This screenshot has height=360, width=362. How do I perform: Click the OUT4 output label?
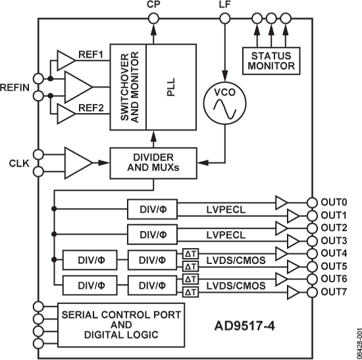coord(334,253)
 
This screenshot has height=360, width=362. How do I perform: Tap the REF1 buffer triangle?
coord(66,61)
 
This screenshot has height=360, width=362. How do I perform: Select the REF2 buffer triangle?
coord(66,114)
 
